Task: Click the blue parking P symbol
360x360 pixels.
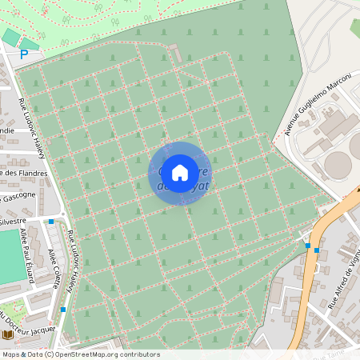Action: point(24,55)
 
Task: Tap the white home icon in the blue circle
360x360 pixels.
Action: point(179,172)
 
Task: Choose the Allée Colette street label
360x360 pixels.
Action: point(56,262)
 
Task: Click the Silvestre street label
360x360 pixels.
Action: point(13,218)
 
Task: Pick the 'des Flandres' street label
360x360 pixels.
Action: point(24,172)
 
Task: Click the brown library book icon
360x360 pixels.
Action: point(8,334)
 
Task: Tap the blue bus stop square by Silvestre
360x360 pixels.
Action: point(51,221)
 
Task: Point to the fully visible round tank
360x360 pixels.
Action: point(338,164)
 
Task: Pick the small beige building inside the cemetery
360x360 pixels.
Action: point(174,50)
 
